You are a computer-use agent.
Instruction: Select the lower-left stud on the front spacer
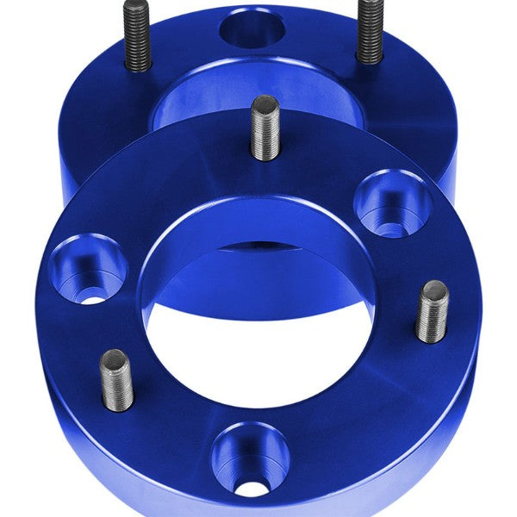point(116,380)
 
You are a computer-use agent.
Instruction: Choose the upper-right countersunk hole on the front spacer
point(392,204)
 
